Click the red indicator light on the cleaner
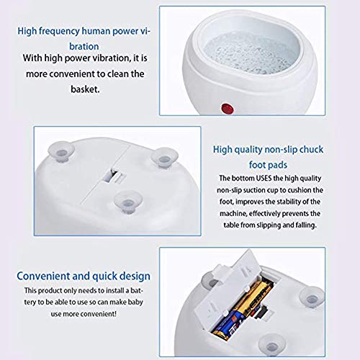[x=228, y=109]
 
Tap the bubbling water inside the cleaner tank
[x=250, y=53]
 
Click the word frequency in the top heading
[x=59, y=32]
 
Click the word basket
[x=85, y=89]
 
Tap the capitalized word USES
[x=264, y=179]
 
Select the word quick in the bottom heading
[x=104, y=276]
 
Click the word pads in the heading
[x=277, y=165]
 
